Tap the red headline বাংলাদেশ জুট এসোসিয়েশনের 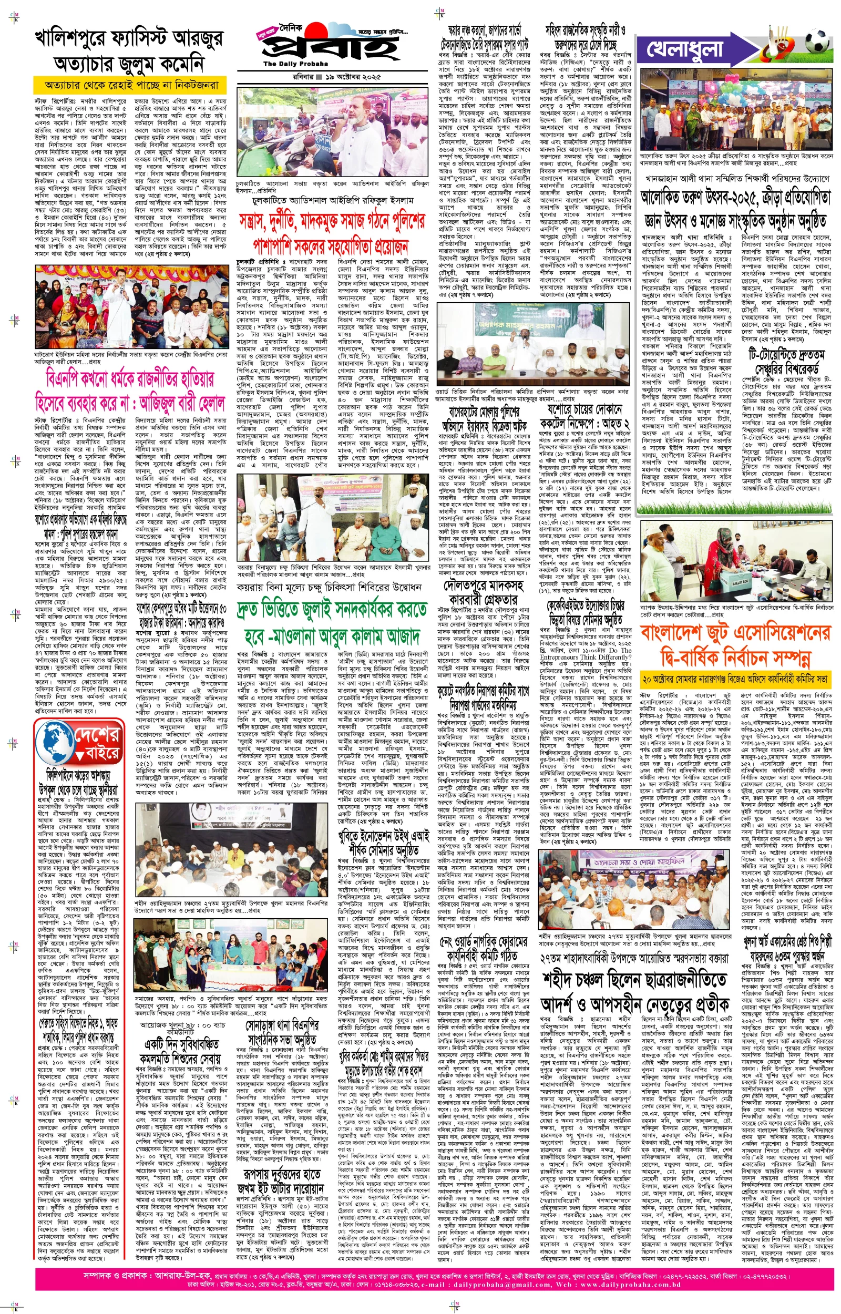tap(734, 634)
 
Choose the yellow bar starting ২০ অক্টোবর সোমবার tap(734, 680)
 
